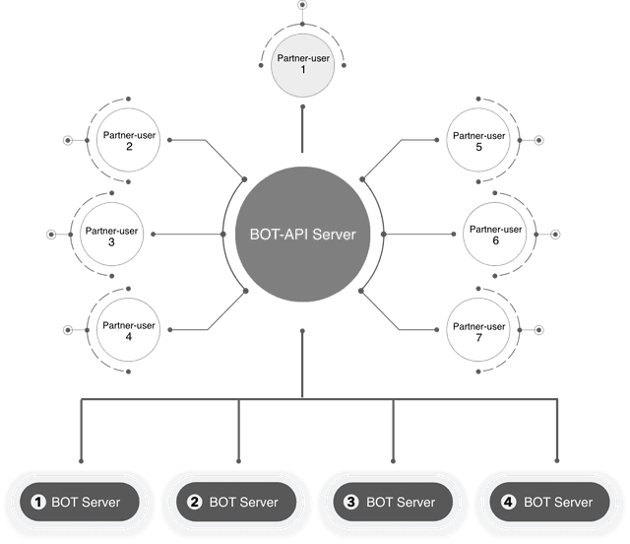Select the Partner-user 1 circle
(302, 65)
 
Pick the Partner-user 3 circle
(111, 236)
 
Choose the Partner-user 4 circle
(129, 331)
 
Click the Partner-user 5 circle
(476, 141)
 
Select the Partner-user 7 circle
(476, 331)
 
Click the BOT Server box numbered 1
(79, 503)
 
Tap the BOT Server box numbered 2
(236, 503)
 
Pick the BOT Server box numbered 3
(393, 503)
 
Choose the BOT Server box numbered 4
(549, 503)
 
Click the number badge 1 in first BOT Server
(38, 503)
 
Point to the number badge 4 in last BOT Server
(508, 503)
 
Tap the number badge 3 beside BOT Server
(351, 503)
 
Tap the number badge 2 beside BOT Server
(195, 503)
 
